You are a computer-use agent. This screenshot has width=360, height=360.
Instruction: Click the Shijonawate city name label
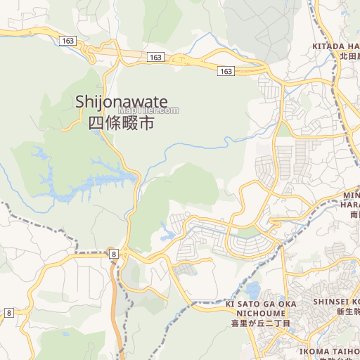tap(121, 103)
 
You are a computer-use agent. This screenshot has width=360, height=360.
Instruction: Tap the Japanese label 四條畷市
tap(121, 123)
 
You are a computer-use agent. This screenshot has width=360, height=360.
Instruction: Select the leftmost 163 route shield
tap(67, 41)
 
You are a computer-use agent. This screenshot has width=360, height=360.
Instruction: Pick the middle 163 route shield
tap(155, 56)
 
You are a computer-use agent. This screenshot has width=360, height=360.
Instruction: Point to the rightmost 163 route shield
tap(225, 71)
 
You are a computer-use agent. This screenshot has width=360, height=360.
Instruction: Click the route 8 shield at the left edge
tap(8, 311)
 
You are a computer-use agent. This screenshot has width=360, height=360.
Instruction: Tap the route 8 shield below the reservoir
tap(112, 253)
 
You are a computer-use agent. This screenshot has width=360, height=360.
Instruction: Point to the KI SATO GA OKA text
tap(261, 303)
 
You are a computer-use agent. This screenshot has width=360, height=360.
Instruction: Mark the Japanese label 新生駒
tap(347, 311)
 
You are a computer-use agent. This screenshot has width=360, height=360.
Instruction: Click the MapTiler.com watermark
tap(148, 110)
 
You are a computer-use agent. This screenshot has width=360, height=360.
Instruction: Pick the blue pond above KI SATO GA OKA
tap(251, 290)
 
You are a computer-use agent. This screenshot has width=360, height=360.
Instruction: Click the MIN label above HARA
tap(351, 194)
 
